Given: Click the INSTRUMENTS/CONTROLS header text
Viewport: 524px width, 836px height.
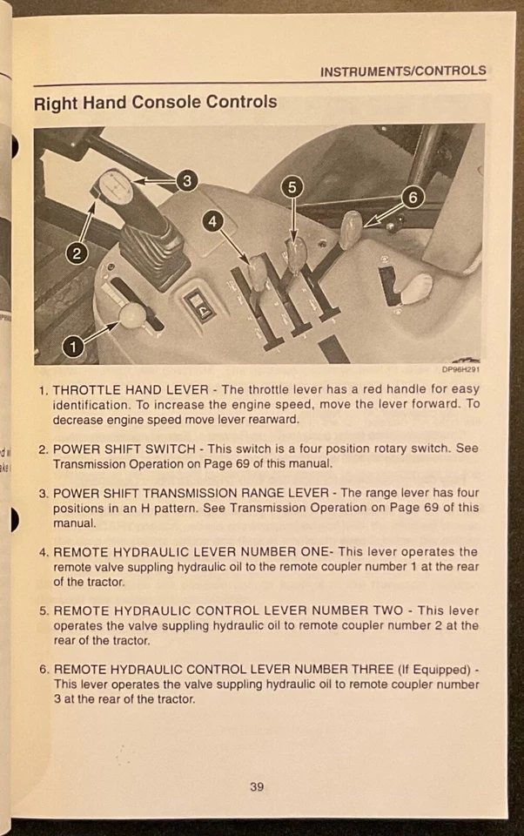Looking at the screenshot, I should coord(402,71).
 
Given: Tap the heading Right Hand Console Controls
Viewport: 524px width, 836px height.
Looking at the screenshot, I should coord(155,103).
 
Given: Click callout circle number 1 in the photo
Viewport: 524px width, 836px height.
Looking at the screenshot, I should coord(73,347).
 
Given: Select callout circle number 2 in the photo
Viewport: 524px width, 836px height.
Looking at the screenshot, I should coord(77,253).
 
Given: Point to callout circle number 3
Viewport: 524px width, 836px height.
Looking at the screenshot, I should coord(186,181).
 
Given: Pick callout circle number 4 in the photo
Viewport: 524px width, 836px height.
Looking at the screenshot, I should coord(212,222).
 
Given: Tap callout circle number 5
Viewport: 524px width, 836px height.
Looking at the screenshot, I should coord(292,186).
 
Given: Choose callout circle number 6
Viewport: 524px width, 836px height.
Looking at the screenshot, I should coord(413,198).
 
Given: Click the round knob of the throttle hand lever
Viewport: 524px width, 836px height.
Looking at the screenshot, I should coord(132,316).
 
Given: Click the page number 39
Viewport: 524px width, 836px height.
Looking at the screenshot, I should coord(257,787).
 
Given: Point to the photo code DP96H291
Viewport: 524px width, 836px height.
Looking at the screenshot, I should coord(460,369).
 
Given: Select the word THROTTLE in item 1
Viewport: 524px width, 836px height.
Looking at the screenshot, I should coord(88,390).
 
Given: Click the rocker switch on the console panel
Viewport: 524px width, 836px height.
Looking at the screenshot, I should coord(199,306).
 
